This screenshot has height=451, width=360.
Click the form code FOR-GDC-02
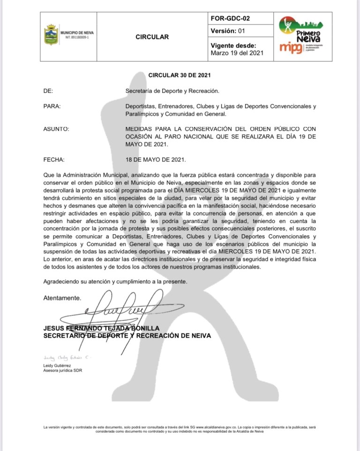tap(231, 19)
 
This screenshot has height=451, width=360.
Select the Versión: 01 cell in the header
tap(228, 31)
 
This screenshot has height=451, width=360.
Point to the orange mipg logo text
tap(291, 48)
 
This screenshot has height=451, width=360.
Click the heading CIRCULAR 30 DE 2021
tap(180, 75)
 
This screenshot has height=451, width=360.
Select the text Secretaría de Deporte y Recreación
tap(172, 90)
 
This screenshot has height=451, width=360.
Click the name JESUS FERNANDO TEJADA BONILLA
tap(101, 328)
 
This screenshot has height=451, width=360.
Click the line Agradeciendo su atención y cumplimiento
tap(115, 281)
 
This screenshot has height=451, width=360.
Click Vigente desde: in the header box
tap(233, 45)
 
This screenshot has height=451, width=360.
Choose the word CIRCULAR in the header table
tap(152, 37)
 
